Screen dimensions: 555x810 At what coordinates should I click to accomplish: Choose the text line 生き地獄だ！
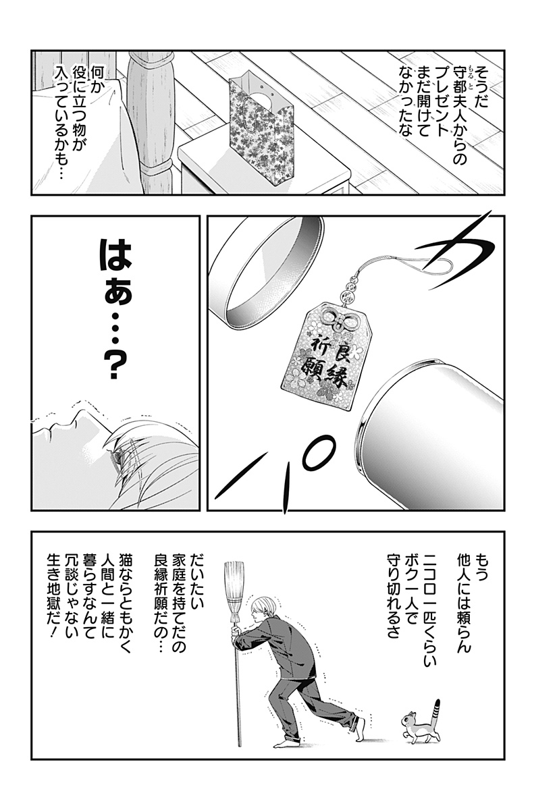click(x=54, y=602)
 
